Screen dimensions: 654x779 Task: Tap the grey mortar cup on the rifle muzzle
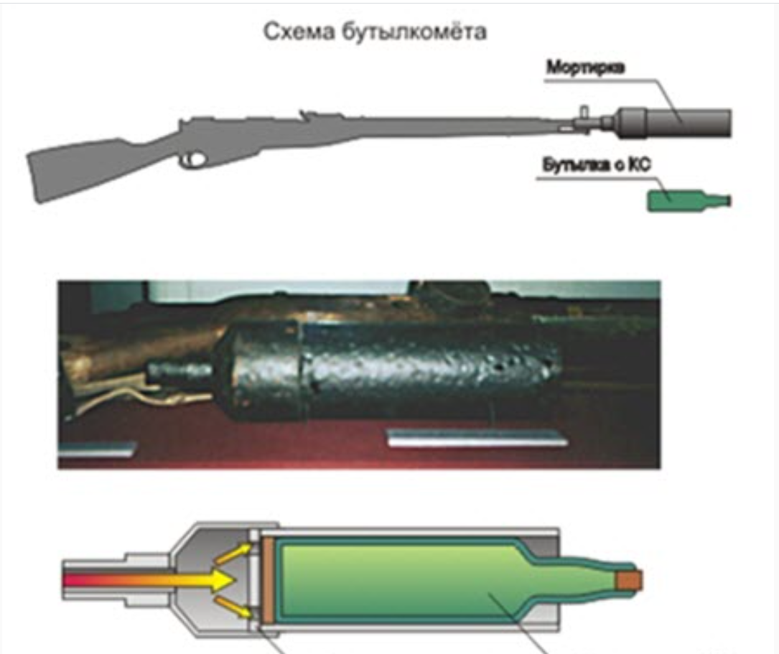click(x=675, y=122)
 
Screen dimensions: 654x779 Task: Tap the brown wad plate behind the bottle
click(x=267, y=580)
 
